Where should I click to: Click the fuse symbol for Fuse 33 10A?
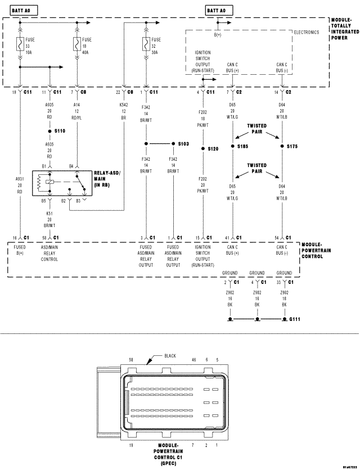coord(21,43)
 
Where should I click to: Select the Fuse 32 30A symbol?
coord(146,43)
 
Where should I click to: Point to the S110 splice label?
coord(60,130)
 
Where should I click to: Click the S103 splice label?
coord(183,144)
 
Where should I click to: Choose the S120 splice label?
coord(213,149)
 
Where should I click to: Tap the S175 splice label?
coord(291,146)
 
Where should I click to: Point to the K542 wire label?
coord(124,105)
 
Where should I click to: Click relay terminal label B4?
coord(72,166)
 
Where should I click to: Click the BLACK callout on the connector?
coord(171,356)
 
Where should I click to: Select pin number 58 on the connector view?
coord(131,359)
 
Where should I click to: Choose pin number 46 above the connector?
coord(193,359)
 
